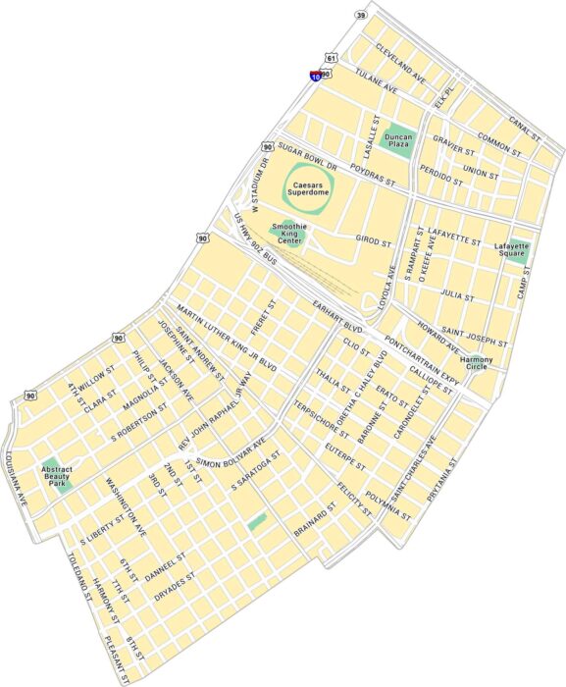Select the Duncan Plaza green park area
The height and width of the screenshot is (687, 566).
[x=397, y=143]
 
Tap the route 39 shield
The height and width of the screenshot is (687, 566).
[x=361, y=16]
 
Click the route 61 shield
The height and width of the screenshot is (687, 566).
[x=332, y=59]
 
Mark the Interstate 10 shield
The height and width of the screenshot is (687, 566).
[x=315, y=74]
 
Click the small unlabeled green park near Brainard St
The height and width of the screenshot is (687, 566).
[x=257, y=522]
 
